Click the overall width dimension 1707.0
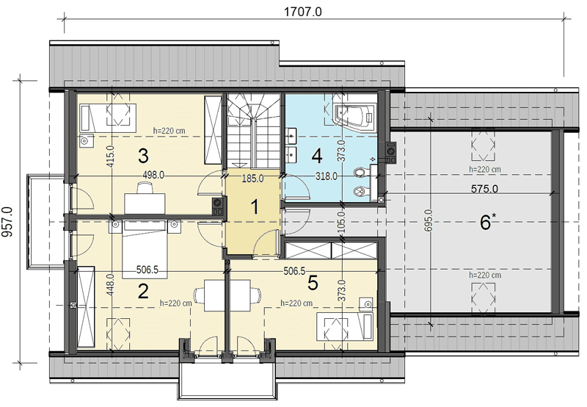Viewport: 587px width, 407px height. pos(302,12)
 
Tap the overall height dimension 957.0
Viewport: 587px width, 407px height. pos(7,222)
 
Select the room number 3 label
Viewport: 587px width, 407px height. pos(143,156)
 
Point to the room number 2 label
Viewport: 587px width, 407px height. pos(143,291)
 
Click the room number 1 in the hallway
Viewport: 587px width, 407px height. pos(255,207)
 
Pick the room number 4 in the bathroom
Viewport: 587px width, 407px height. pos(317,156)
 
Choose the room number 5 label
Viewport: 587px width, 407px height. pos(313,283)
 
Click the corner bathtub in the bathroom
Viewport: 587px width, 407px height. pos(354,114)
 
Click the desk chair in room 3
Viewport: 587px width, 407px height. pos(145,187)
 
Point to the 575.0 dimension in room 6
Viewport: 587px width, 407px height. pos(484,189)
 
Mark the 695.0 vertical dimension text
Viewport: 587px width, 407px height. pos(429,220)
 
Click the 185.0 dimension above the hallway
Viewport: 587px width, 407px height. pos(252,179)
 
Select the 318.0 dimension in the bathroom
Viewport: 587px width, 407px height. pos(326,176)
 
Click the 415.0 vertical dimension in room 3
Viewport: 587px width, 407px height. pos(111,156)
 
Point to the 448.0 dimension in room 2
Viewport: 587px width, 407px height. pos(111,284)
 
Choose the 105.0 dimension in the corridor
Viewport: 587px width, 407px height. pos(340,221)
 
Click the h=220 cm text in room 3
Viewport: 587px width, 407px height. pos(169,132)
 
